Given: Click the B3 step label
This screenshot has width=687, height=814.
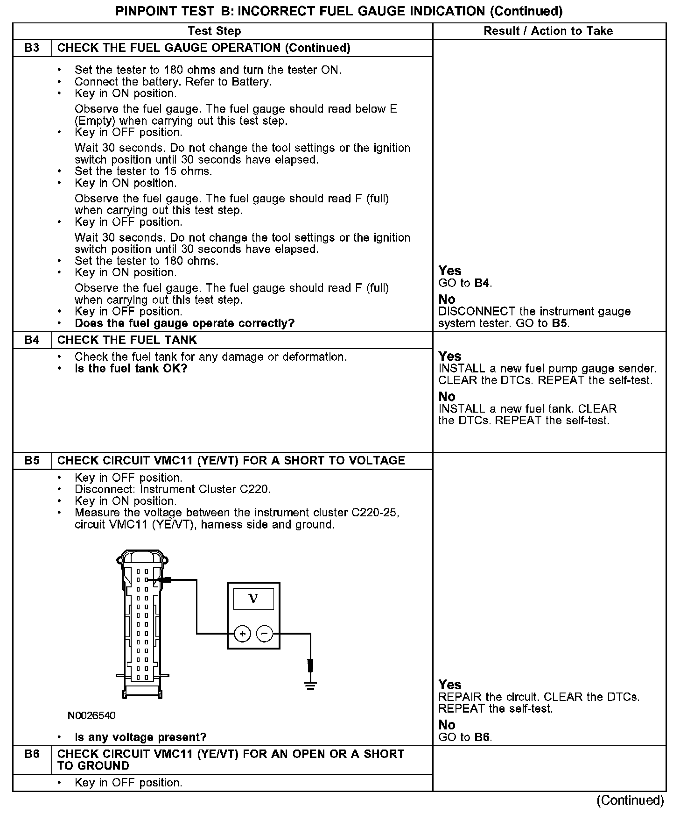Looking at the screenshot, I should coord(32,48).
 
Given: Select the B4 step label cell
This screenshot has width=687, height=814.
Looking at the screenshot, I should coord(32,340).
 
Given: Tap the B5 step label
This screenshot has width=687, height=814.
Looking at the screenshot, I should coord(32,461).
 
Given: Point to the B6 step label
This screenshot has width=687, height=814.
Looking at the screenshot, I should coord(32,754).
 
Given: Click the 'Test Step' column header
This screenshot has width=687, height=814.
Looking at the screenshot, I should coord(214,31).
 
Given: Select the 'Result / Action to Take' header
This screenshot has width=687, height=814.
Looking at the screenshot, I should coord(548,31).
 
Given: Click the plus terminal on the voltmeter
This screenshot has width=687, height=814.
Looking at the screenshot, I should coord(242,634).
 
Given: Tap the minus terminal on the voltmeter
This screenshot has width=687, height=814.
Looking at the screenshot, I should coord(265,634).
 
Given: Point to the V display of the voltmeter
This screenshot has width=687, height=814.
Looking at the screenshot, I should coord(253,599).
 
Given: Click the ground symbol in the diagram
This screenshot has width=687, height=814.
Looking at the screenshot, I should coord(310,685).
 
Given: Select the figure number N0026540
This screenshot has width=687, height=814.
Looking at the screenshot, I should coord(91,715).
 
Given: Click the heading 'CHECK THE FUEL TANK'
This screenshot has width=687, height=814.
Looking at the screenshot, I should coord(127,340).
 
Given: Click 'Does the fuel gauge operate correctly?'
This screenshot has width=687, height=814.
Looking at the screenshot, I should coord(184,323).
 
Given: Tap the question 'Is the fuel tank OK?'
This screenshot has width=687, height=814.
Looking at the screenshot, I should coord(131,369).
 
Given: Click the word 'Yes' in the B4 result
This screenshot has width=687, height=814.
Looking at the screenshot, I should coord(449,357).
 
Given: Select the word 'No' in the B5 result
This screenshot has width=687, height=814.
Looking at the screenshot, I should coord(447,725).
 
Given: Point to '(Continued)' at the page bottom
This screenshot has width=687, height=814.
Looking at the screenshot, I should coord(630,800).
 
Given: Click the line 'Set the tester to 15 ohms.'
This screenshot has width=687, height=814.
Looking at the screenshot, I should coord(143,171).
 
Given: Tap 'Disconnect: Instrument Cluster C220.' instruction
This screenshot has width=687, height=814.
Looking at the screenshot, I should coord(173,489).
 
